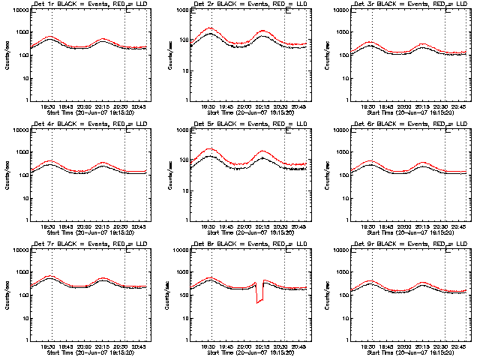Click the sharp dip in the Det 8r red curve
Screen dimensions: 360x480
259,301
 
